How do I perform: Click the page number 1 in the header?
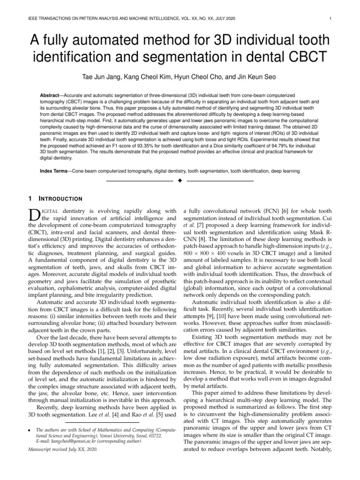coord(331,19)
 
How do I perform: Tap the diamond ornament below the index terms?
coord(180,181)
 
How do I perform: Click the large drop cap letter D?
coord(35,215)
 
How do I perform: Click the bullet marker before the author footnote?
coord(30,427)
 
